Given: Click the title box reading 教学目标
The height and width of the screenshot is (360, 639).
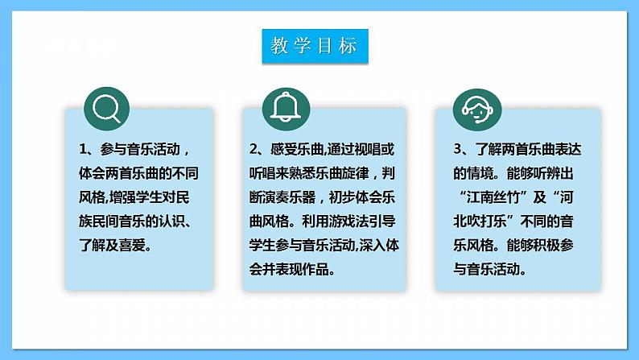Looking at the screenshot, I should click(315, 47).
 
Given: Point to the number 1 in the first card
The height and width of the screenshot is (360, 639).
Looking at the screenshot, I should click(83, 151).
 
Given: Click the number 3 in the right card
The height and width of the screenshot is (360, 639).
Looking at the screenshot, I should click(457, 151).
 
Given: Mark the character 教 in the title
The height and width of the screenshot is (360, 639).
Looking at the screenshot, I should click(279, 47).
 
